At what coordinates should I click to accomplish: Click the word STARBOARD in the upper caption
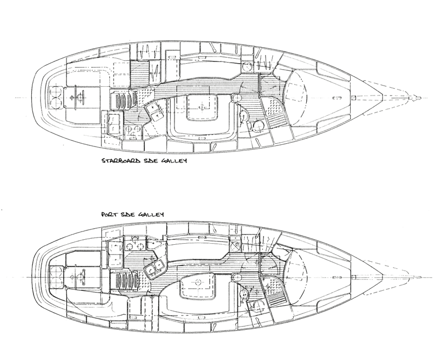click(x=121, y=161)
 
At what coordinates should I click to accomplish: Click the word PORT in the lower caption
click(x=109, y=215)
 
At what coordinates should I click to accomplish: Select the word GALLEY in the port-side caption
click(x=151, y=215)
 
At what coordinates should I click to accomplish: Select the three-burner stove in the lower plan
click(x=135, y=244)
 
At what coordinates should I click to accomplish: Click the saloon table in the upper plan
click(x=202, y=107)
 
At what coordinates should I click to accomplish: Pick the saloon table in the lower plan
click(x=199, y=285)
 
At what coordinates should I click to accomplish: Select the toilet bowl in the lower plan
click(x=258, y=306)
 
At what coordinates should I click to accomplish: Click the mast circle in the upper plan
click(x=237, y=98)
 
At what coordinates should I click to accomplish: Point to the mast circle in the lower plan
click(x=237, y=278)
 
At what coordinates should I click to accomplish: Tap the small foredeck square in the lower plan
click(x=353, y=278)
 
